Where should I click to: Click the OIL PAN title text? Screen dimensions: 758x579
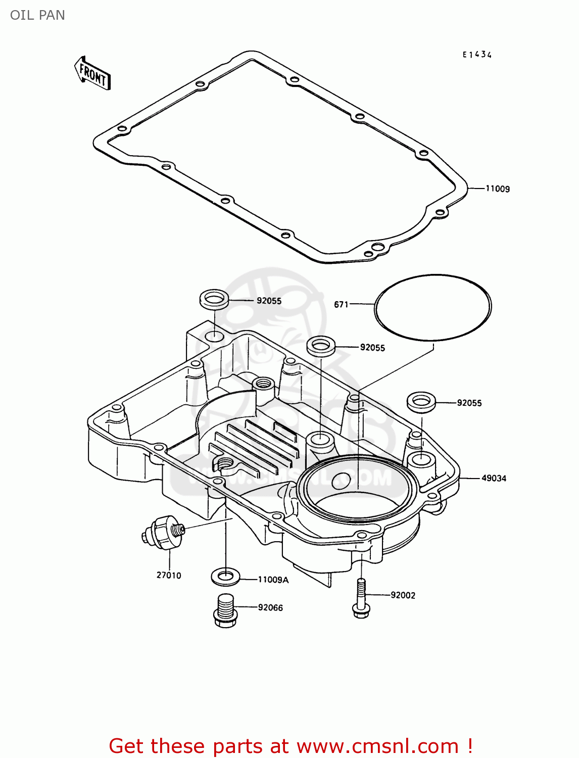point(37,15)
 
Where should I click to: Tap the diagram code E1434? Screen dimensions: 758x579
point(477,55)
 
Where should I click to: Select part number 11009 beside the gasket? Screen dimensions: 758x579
point(497,189)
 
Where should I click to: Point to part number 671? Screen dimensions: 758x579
point(341,304)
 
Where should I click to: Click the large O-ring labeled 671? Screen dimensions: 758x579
point(432,307)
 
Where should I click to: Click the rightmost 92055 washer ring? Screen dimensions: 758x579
point(421,402)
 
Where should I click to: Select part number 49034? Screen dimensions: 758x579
point(493,478)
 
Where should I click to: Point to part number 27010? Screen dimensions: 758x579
point(169,575)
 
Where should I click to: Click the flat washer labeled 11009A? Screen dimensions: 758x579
point(225,576)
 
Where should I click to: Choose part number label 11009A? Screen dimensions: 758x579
point(273,580)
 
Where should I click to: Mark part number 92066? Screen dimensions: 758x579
point(270,607)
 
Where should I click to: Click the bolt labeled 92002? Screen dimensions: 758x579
point(361,598)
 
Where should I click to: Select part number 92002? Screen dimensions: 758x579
point(403,595)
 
